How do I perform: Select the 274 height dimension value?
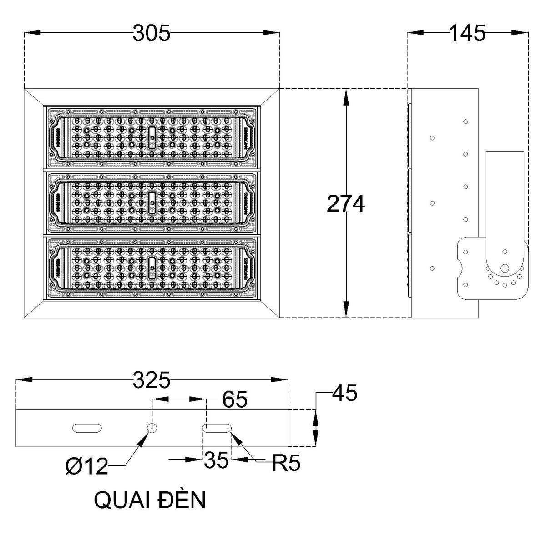pos(346,204)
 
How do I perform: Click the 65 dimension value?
pos(235,400)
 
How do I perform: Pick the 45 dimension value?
pos(345,394)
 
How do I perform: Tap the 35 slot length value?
pos(216,460)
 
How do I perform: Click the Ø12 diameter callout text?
pos(86,466)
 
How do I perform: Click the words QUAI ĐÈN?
pos(150,500)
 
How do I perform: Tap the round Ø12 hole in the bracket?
pos(152,428)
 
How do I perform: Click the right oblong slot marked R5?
pos(217,428)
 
